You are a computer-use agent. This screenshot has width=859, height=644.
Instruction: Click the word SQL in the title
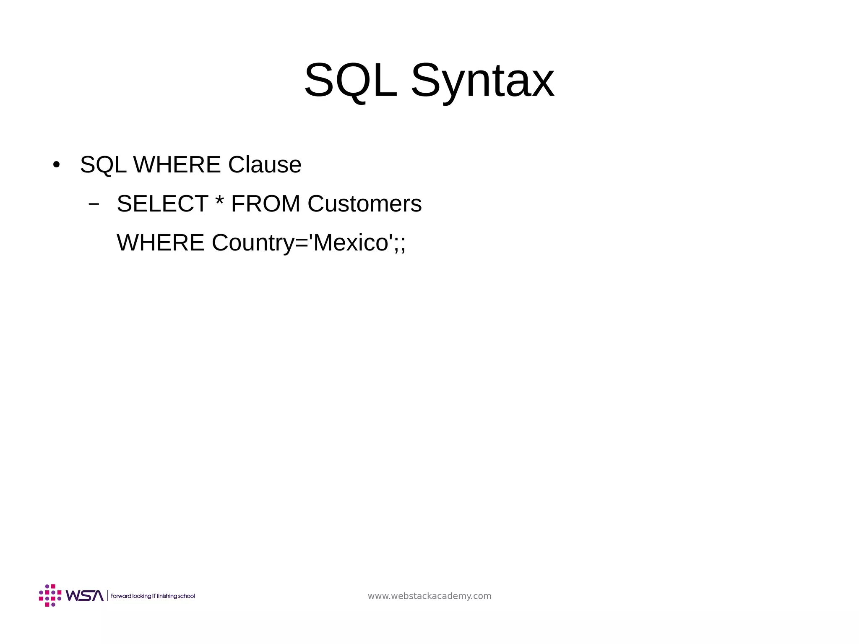[x=350, y=80]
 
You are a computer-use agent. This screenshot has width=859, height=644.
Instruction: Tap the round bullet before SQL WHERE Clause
[x=56, y=164]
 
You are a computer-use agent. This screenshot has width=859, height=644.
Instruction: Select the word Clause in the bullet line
[x=265, y=164]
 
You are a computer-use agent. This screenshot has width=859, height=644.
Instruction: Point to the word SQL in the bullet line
[x=103, y=164]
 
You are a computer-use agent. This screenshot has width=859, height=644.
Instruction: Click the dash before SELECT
[x=94, y=204]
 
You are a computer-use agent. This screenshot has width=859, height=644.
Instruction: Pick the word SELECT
[x=162, y=204]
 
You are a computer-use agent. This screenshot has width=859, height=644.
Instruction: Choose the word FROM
[x=266, y=204]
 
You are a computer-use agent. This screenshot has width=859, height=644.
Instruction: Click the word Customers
[x=364, y=204]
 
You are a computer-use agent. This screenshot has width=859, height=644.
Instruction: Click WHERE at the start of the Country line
[x=160, y=243]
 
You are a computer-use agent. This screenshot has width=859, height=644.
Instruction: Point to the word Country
[x=253, y=243]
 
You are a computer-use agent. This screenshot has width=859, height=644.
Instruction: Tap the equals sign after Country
[x=302, y=243]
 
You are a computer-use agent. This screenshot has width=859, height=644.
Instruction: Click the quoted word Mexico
[x=351, y=243]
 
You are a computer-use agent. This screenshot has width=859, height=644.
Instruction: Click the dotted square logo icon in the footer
[x=50, y=595]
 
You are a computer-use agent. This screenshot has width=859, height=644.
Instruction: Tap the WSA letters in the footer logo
[x=84, y=596]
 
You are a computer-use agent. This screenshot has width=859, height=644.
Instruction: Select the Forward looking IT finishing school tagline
[x=152, y=596]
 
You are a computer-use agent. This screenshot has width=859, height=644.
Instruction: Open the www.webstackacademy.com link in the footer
[x=429, y=596]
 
